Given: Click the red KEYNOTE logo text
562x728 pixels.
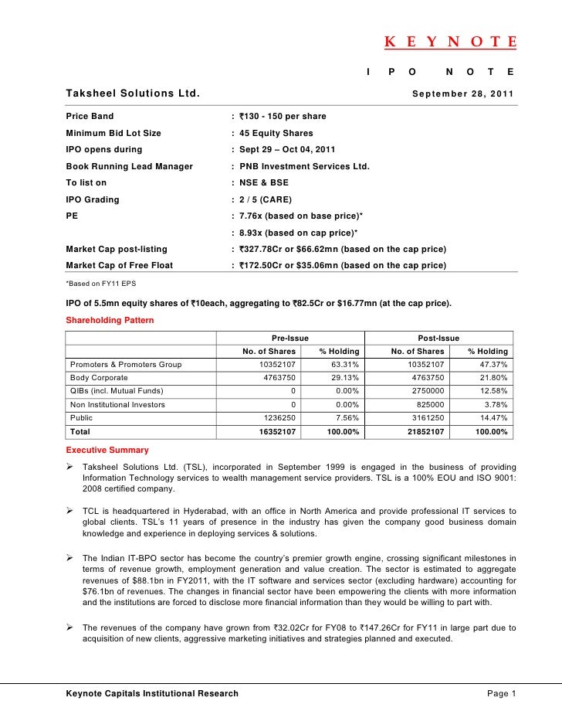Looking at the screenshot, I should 450,43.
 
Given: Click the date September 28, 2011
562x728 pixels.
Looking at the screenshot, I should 462,94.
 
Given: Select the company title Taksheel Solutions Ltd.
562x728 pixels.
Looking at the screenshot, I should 133,94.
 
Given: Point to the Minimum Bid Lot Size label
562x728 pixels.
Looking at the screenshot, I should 113,133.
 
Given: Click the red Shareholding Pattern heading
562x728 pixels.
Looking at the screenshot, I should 110,320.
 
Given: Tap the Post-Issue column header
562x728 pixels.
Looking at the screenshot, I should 438,338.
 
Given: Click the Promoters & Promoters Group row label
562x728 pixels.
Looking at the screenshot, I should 126,365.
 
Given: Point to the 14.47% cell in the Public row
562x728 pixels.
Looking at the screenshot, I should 493,418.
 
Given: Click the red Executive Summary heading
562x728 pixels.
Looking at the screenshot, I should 107,450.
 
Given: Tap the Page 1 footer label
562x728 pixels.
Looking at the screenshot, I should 501,693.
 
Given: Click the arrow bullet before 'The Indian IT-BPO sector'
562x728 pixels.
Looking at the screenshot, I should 71,557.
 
